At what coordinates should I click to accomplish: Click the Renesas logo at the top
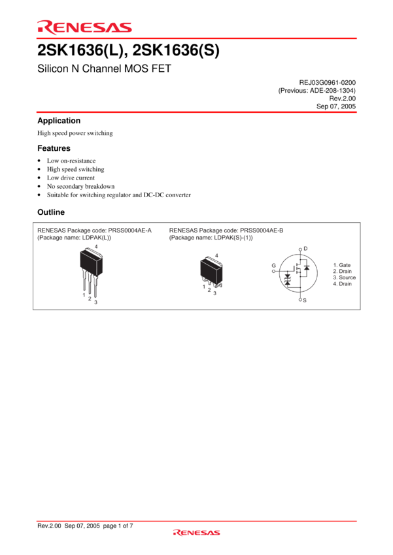pyautogui.click(x=84, y=27)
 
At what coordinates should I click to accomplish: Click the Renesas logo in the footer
pyautogui.click(x=196, y=532)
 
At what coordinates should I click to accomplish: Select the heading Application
pyautogui.click(x=59, y=121)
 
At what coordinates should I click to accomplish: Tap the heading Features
pyautogui.click(x=54, y=148)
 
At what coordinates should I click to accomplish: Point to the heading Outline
pyautogui.click(x=51, y=212)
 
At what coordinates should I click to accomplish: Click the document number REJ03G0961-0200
pyautogui.click(x=328, y=82)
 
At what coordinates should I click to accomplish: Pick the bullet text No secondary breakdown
pyautogui.click(x=81, y=186)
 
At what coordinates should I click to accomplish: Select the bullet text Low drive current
pyautogui.click(x=71, y=178)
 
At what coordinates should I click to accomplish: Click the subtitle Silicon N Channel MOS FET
pyautogui.click(x=104, y=69)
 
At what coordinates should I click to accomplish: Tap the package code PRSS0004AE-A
pyautogui.click(x=129, y=230)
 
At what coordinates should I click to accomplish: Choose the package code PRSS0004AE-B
pyautogui.click(x=262, y=230)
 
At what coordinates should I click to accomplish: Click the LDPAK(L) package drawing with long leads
pyautogui.click(x=91, y=272)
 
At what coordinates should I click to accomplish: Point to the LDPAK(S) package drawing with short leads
pyautogui.click(x=212, y=272)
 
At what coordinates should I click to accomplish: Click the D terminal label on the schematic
pyautogui.click(x=305, y=249)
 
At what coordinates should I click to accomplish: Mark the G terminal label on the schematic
pyautogui.click(x=273, y=266)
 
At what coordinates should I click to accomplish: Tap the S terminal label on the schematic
pyautogui.click(x=305, y=300)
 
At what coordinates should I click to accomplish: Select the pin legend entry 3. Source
pyautogui.click(x=344, y=277)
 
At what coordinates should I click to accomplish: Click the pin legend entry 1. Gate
pyautogui.click(x=341, y=265)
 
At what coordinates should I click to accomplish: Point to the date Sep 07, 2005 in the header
pyautogui.click(x=336, y=106)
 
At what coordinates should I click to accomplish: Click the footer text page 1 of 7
pyautogui.click(x=118, y=526)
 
